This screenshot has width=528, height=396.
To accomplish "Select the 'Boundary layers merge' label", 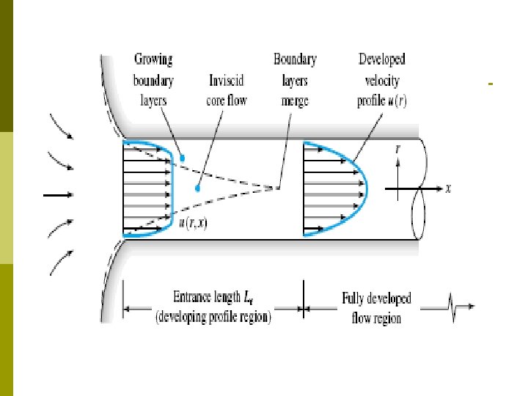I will [x=295, y=78].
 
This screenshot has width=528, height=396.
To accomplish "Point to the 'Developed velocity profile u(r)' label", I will [x=381, y=78].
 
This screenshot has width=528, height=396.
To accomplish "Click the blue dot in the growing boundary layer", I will [x=183, y=158].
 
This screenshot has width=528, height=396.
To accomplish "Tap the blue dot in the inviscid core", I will [x=197, y=188].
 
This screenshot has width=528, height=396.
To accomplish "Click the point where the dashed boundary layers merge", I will [x=277, y=188].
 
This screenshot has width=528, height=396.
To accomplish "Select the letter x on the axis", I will [x=448, y=188].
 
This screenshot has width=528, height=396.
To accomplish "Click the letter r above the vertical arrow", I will [x=397, y=148].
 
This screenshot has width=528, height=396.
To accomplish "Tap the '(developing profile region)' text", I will [x=211, y=318].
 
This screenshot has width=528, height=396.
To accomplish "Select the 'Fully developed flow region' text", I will [x=376, y=308].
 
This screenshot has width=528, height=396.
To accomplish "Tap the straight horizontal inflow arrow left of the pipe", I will [x=59, y=195].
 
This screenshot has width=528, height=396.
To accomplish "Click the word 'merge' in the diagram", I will [x=295, y=100].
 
